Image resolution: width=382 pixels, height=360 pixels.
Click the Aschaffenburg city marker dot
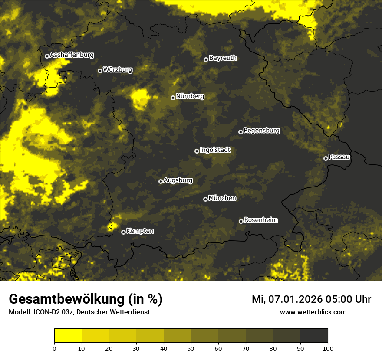[x=47, y=56]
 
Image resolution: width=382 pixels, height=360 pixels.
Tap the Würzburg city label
[x=118, y=69]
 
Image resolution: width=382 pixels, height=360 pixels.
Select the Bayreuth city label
[x=223, y=58]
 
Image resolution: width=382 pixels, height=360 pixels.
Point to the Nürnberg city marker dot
[x=173, y=98]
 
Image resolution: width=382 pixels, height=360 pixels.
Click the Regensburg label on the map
[x=261, y=130]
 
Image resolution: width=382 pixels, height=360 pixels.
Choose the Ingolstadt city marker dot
[x=197, y=151]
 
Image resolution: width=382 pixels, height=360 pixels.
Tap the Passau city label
[x=339, y=157]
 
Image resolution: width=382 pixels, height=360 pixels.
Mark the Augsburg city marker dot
[x=161, y=181]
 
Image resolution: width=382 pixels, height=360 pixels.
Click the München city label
[x=222, y=198]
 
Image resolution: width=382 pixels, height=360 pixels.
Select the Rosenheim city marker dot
[x=241, y=222]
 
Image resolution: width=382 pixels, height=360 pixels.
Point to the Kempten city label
[x=140, y=231]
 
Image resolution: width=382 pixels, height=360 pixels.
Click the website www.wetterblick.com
[x=313, y=312]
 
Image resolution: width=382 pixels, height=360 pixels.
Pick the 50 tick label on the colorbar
[x=191, y=348]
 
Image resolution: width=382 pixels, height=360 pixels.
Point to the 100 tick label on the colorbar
[x=328, y=348]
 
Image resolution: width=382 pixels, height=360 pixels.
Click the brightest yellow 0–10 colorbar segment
[x=68, y=336]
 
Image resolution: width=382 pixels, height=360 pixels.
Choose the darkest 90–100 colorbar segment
[x=314, y=336]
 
